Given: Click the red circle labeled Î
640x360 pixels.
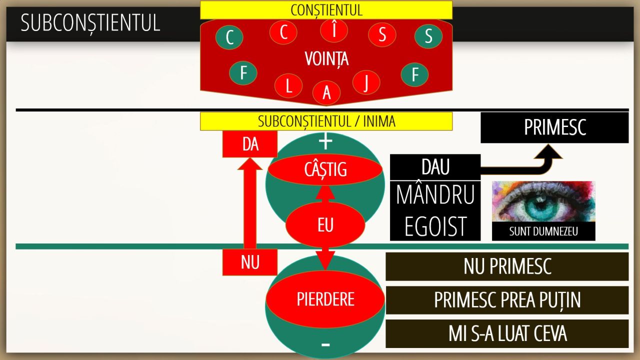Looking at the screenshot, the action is click(333, 30).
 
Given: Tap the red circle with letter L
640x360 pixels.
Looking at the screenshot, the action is click(288, 85).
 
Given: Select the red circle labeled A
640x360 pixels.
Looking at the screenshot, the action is click(326, 93).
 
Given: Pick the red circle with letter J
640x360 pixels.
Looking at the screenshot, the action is click(366, 82).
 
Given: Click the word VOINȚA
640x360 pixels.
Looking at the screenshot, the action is click(326, 59).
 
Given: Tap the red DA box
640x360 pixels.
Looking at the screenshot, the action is click(249, 144).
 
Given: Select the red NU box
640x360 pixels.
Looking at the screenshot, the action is click(249, 262).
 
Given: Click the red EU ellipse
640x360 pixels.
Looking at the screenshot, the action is click(325, 224).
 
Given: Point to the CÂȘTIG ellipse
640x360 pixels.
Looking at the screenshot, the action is click(325, 169).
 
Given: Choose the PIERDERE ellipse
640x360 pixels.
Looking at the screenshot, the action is click(325, 299).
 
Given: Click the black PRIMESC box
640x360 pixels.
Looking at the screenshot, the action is click(554, 127).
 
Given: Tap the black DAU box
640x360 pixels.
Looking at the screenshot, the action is click(435, 167).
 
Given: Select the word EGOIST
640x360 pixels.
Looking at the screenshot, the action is click(435, 226).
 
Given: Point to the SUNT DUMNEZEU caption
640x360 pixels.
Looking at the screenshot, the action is click(543, 231).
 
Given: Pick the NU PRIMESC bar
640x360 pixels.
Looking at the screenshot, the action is click(507, 266).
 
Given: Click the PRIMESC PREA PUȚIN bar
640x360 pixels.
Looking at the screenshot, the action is click(507, 300).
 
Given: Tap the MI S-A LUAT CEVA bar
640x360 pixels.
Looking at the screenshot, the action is click(507, 333).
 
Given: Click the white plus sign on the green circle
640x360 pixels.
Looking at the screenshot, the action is click(325, 141).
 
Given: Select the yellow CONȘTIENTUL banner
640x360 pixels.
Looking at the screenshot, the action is click(326, 10).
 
